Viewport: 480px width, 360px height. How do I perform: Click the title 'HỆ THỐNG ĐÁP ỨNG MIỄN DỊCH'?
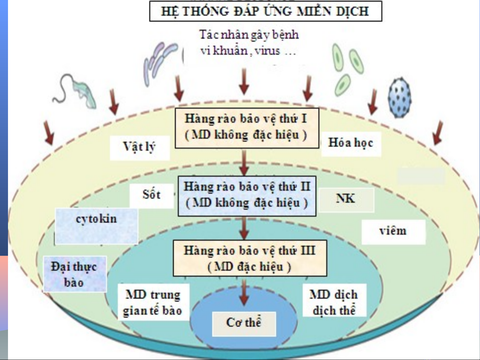point(265,11)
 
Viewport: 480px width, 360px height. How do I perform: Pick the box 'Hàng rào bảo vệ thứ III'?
point(249,258)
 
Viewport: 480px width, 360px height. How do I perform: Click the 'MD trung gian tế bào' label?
point(153,302)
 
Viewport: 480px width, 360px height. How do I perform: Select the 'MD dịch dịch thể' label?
point(334,302)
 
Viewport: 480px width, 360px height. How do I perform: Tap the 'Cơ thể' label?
point(244,323)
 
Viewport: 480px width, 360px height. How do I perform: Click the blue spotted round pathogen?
point(399,98)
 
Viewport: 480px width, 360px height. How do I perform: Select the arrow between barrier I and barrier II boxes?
point(244,162)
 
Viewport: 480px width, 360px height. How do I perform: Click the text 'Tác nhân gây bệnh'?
point(249,35)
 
